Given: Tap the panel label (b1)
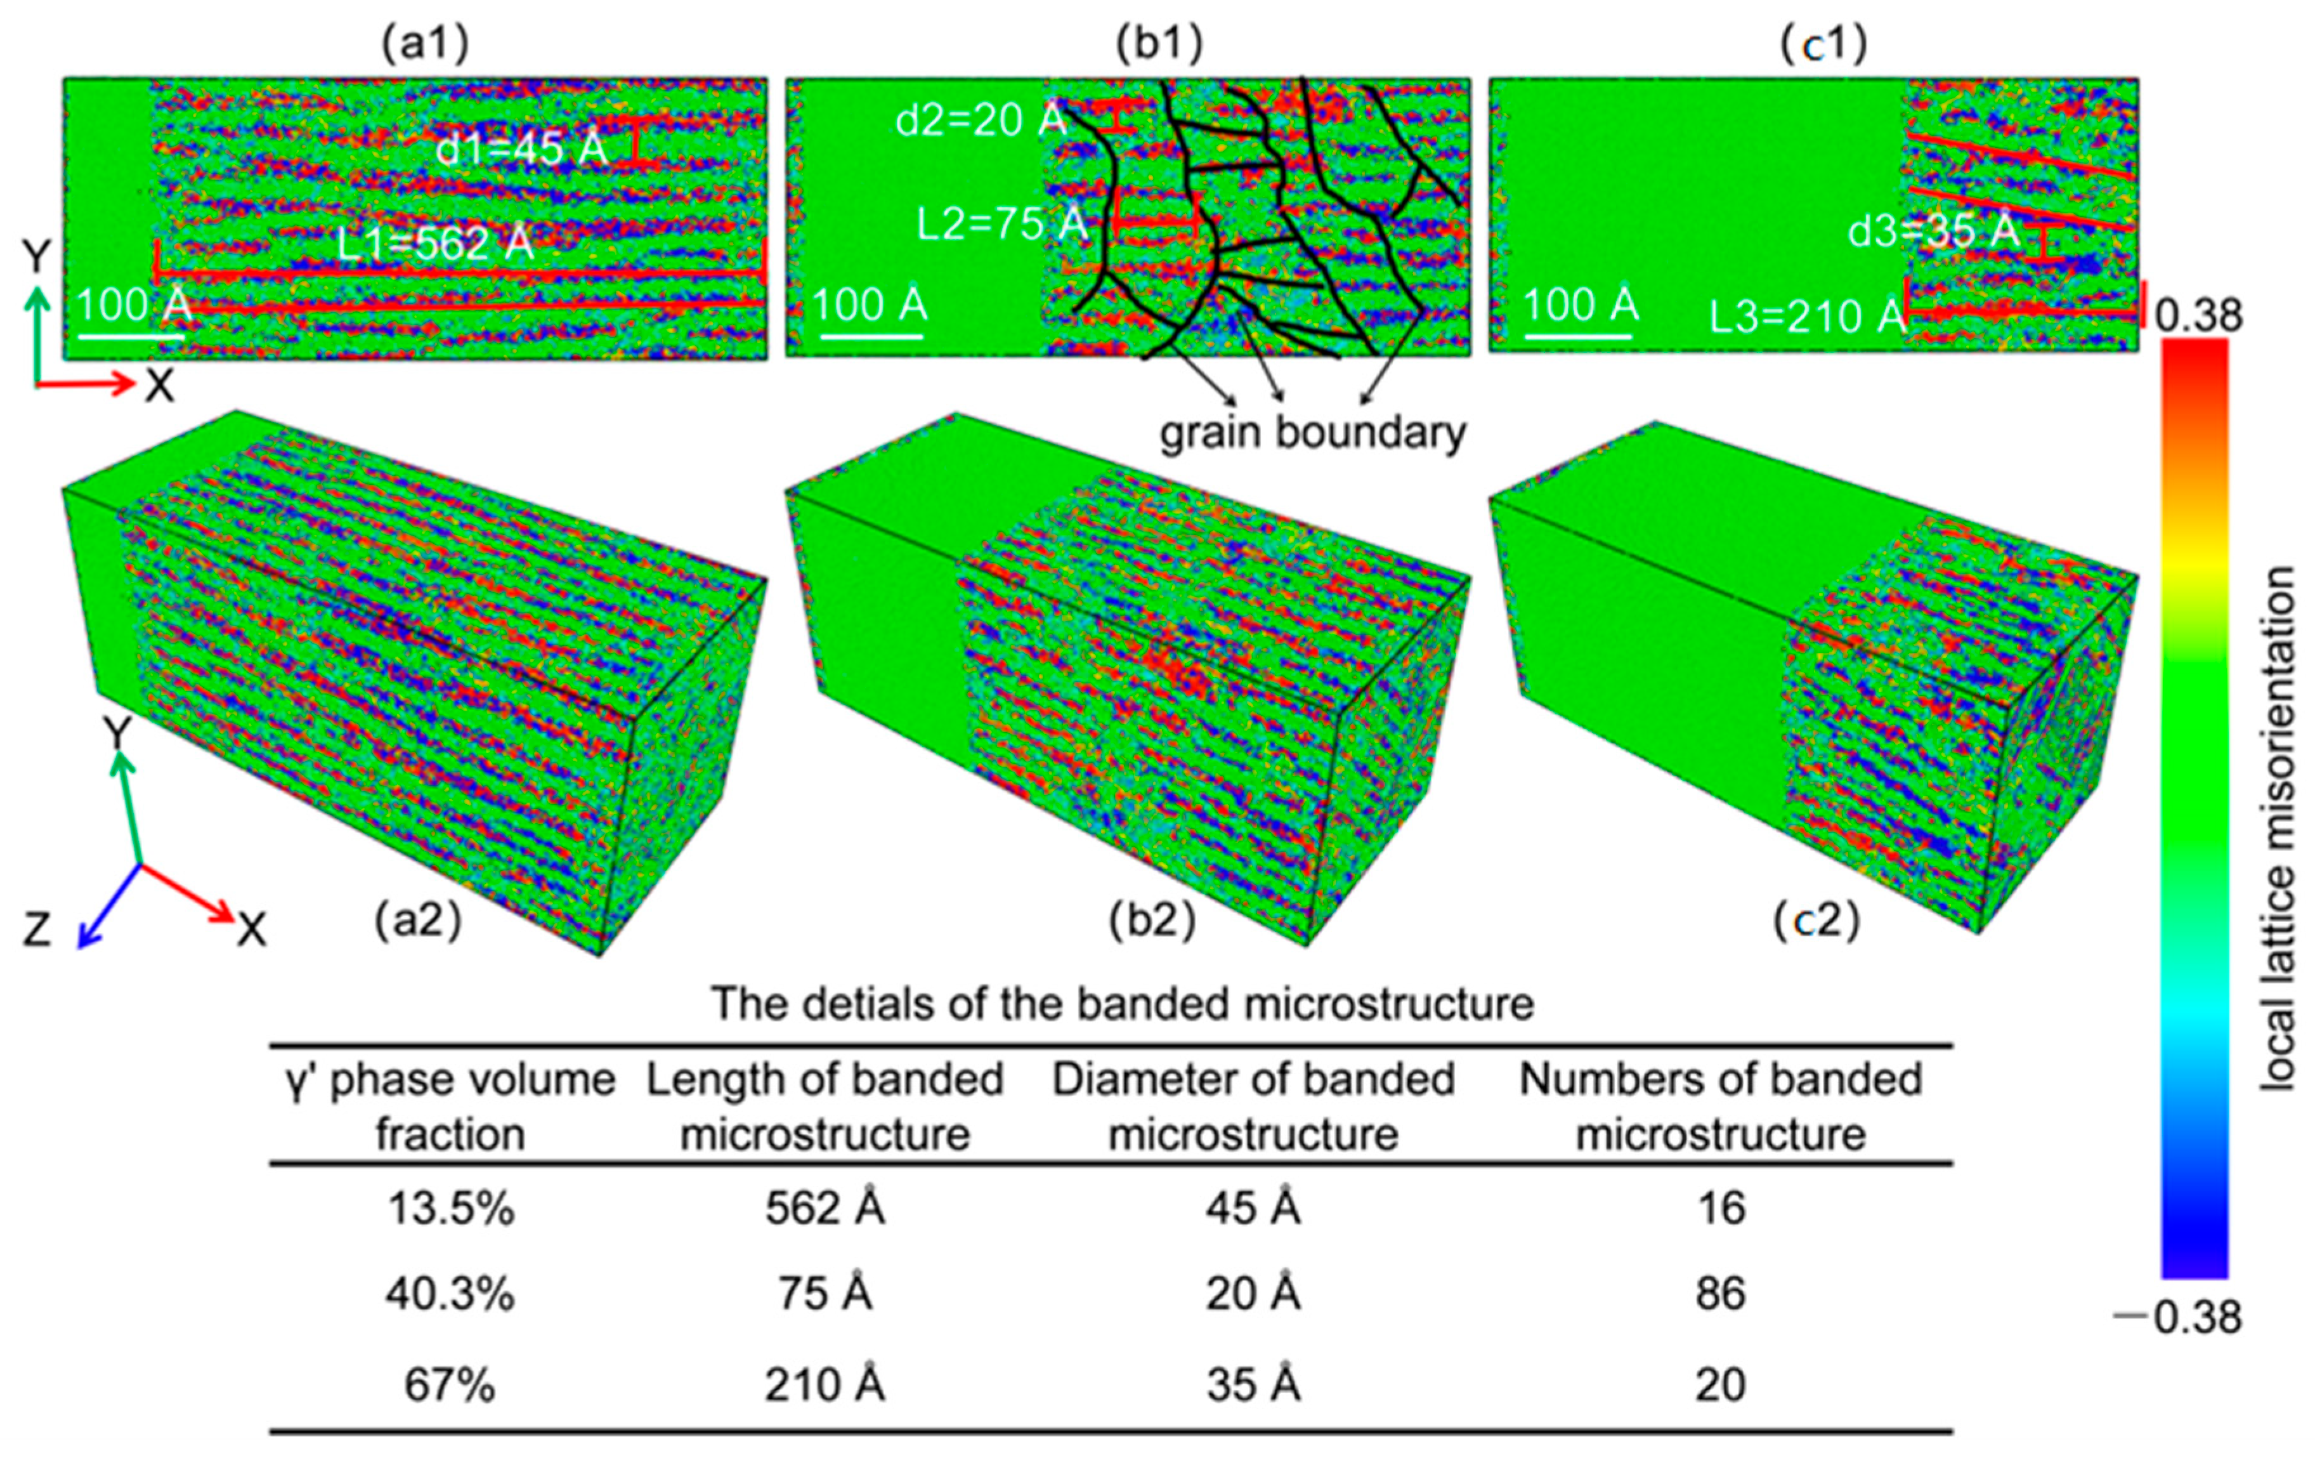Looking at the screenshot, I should pos(1159,43).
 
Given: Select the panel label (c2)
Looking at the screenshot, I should pos(1816,920).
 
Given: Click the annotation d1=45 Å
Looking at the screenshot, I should pos(521,149).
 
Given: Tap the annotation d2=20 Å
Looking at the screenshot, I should pos(981,120).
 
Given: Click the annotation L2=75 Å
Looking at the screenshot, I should pos(1001,224).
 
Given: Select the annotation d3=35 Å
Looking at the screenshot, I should pos(1933,231).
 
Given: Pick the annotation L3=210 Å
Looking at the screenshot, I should pos(1806,315).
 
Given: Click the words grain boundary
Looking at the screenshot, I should pos(1312,433).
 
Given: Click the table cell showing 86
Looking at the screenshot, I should pos(1720,1293).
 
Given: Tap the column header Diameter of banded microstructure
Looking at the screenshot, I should pos(1253,1107).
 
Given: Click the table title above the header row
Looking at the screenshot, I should pos(1122,1004).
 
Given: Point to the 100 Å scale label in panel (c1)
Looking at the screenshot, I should pos(1581,305).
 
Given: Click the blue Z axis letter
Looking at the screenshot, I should pos(37,930).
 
